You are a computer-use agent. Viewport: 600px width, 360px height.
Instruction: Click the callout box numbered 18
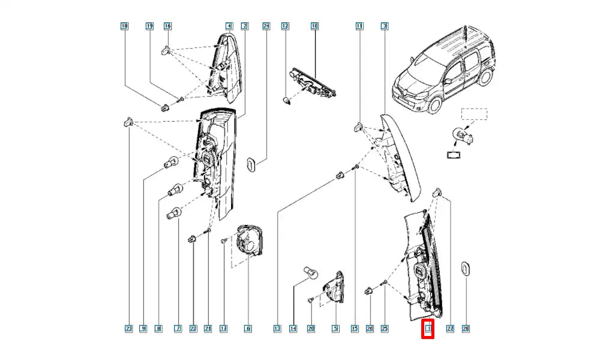coord(125,26)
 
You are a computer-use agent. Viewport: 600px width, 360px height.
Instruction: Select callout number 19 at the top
coord(149,26)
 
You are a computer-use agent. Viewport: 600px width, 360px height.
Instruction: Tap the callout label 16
coord(167,26)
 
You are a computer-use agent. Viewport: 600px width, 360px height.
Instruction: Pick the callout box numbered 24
coord(266,26)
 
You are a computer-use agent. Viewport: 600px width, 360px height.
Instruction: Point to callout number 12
coord(286,26)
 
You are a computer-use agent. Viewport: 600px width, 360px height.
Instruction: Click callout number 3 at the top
coord(384,26)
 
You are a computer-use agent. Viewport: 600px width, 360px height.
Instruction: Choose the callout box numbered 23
coord(128,328)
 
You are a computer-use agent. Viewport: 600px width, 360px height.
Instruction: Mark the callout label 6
coord(247,328)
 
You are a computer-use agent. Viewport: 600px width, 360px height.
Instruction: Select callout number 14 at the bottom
coord(293,328)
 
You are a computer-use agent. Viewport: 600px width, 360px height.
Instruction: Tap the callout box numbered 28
coord(466,328)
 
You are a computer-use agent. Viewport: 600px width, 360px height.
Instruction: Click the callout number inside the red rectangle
coord(428,328)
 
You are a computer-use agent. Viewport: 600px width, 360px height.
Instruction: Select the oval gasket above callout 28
coord(465,270)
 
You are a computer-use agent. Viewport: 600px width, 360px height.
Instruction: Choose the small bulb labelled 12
coord(288,98)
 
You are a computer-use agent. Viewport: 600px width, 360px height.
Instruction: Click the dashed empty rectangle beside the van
coord(474,114)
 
